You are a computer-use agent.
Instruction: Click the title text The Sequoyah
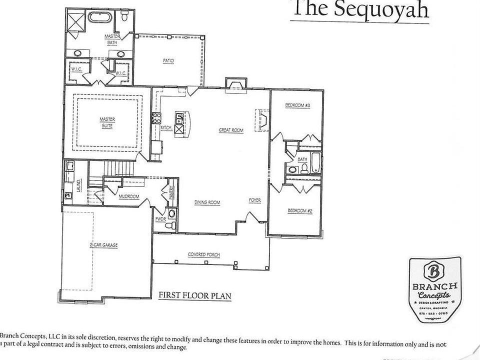(359, 9)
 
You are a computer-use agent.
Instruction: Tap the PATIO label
(168, 61)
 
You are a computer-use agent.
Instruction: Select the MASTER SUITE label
(107, 122)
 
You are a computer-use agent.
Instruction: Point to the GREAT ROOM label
(231, 130)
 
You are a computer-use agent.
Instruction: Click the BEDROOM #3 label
(298, 105)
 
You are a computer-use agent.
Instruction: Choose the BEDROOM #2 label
(299, 211)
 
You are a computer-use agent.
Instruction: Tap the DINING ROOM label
(207, 202)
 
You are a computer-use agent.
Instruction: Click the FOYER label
(255, 200)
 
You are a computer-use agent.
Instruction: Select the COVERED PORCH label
(204, 254)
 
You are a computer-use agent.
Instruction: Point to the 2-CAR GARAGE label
(103, 245)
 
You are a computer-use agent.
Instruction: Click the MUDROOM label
(128, 197)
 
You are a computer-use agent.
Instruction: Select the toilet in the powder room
(172, 214)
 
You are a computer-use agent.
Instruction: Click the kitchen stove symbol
(156, 118)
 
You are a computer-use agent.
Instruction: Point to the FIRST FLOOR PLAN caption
(194, 295)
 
